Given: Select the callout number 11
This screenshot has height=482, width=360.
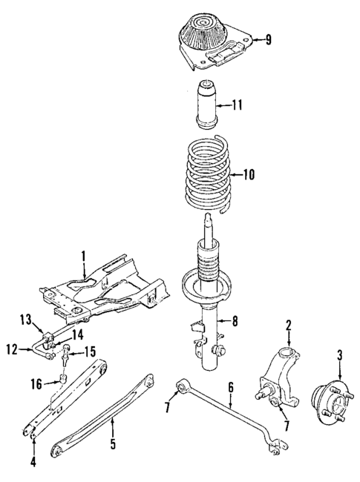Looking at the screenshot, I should pos(238,105).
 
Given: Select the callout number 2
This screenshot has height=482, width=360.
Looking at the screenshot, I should pos(289,325).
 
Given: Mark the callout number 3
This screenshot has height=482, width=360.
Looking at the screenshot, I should pos(339,355).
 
